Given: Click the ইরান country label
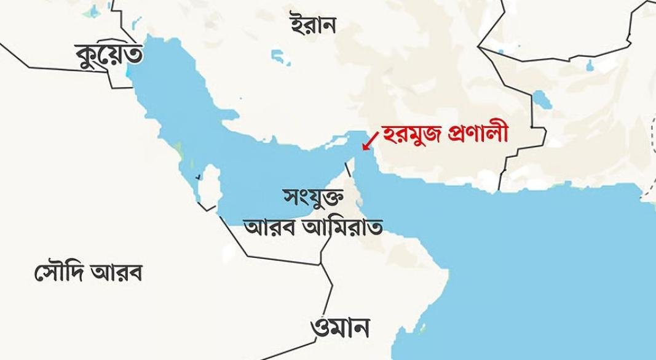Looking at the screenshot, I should click(x=314, y=25).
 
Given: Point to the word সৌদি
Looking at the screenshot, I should click(x=58, y=271).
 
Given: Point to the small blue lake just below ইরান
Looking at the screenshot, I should click(x=283, y=60).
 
